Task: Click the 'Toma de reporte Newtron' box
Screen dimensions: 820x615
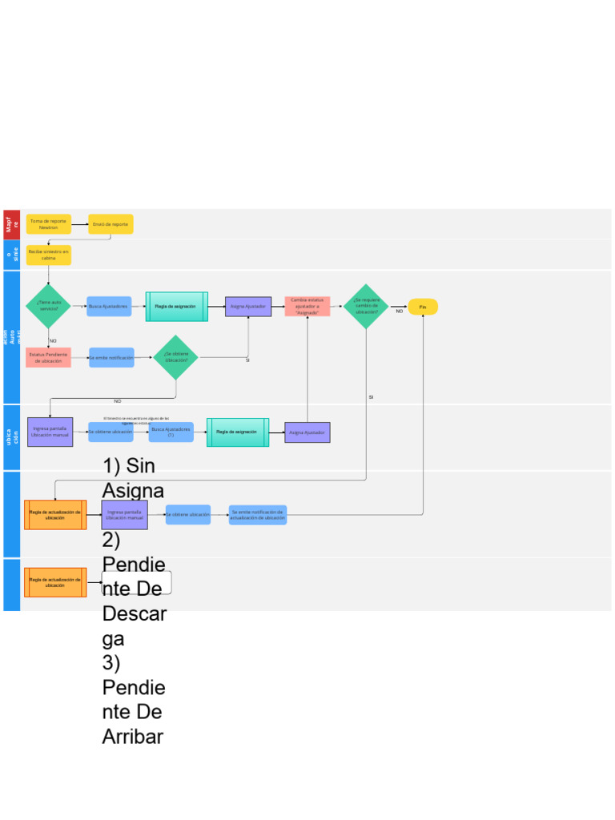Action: point(48,224)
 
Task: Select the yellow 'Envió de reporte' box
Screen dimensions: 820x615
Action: point(111,224)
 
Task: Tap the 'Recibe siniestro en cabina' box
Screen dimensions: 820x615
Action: point(48,255)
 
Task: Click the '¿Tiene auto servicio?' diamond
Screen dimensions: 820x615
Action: point(48,306)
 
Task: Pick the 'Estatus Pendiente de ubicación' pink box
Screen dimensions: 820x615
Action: point(48,357)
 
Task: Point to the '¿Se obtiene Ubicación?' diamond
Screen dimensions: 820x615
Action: point(175,357)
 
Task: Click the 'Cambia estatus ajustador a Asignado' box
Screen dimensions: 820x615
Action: point(307,306)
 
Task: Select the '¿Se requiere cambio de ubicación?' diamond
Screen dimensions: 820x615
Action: point(366,306)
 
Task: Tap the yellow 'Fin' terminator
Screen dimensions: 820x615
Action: point(423,307)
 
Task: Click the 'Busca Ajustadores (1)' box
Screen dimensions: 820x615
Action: point(171,432)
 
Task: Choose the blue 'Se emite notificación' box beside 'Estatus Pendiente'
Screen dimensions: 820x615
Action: point(111,357)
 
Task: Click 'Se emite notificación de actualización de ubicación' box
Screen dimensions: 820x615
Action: point(257,515)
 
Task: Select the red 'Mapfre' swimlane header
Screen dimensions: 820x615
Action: point(11,224)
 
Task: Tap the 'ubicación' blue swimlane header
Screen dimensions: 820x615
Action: point(11,437)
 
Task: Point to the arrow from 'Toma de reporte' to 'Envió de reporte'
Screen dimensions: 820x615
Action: point(79,225)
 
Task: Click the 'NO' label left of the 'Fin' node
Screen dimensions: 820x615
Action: point(399,312)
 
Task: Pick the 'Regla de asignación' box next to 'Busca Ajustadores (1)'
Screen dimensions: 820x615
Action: point(237,432)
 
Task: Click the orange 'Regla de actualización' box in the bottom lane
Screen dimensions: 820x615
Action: point(55,583)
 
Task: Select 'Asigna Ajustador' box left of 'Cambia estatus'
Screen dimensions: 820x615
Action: point(248,306)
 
